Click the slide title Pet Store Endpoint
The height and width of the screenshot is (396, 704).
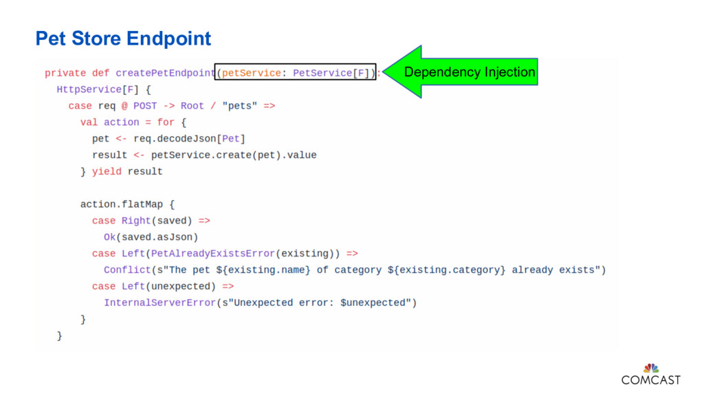coord(123,38)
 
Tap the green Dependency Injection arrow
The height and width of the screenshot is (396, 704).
coord(461,72)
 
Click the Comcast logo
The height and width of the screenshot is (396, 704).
coord(650,375)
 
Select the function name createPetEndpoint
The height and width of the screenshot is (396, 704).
coord(165,73)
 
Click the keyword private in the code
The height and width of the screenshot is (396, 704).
coord(65,73)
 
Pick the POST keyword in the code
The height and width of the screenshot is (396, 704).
coord(145,106)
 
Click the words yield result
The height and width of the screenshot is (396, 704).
coord(127,171)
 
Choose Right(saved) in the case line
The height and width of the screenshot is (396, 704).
coord(157,221)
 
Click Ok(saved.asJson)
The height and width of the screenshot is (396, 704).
coord(151,237)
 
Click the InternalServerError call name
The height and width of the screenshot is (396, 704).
coord(159,302)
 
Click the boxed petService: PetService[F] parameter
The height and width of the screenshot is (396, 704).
coord(296,73)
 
